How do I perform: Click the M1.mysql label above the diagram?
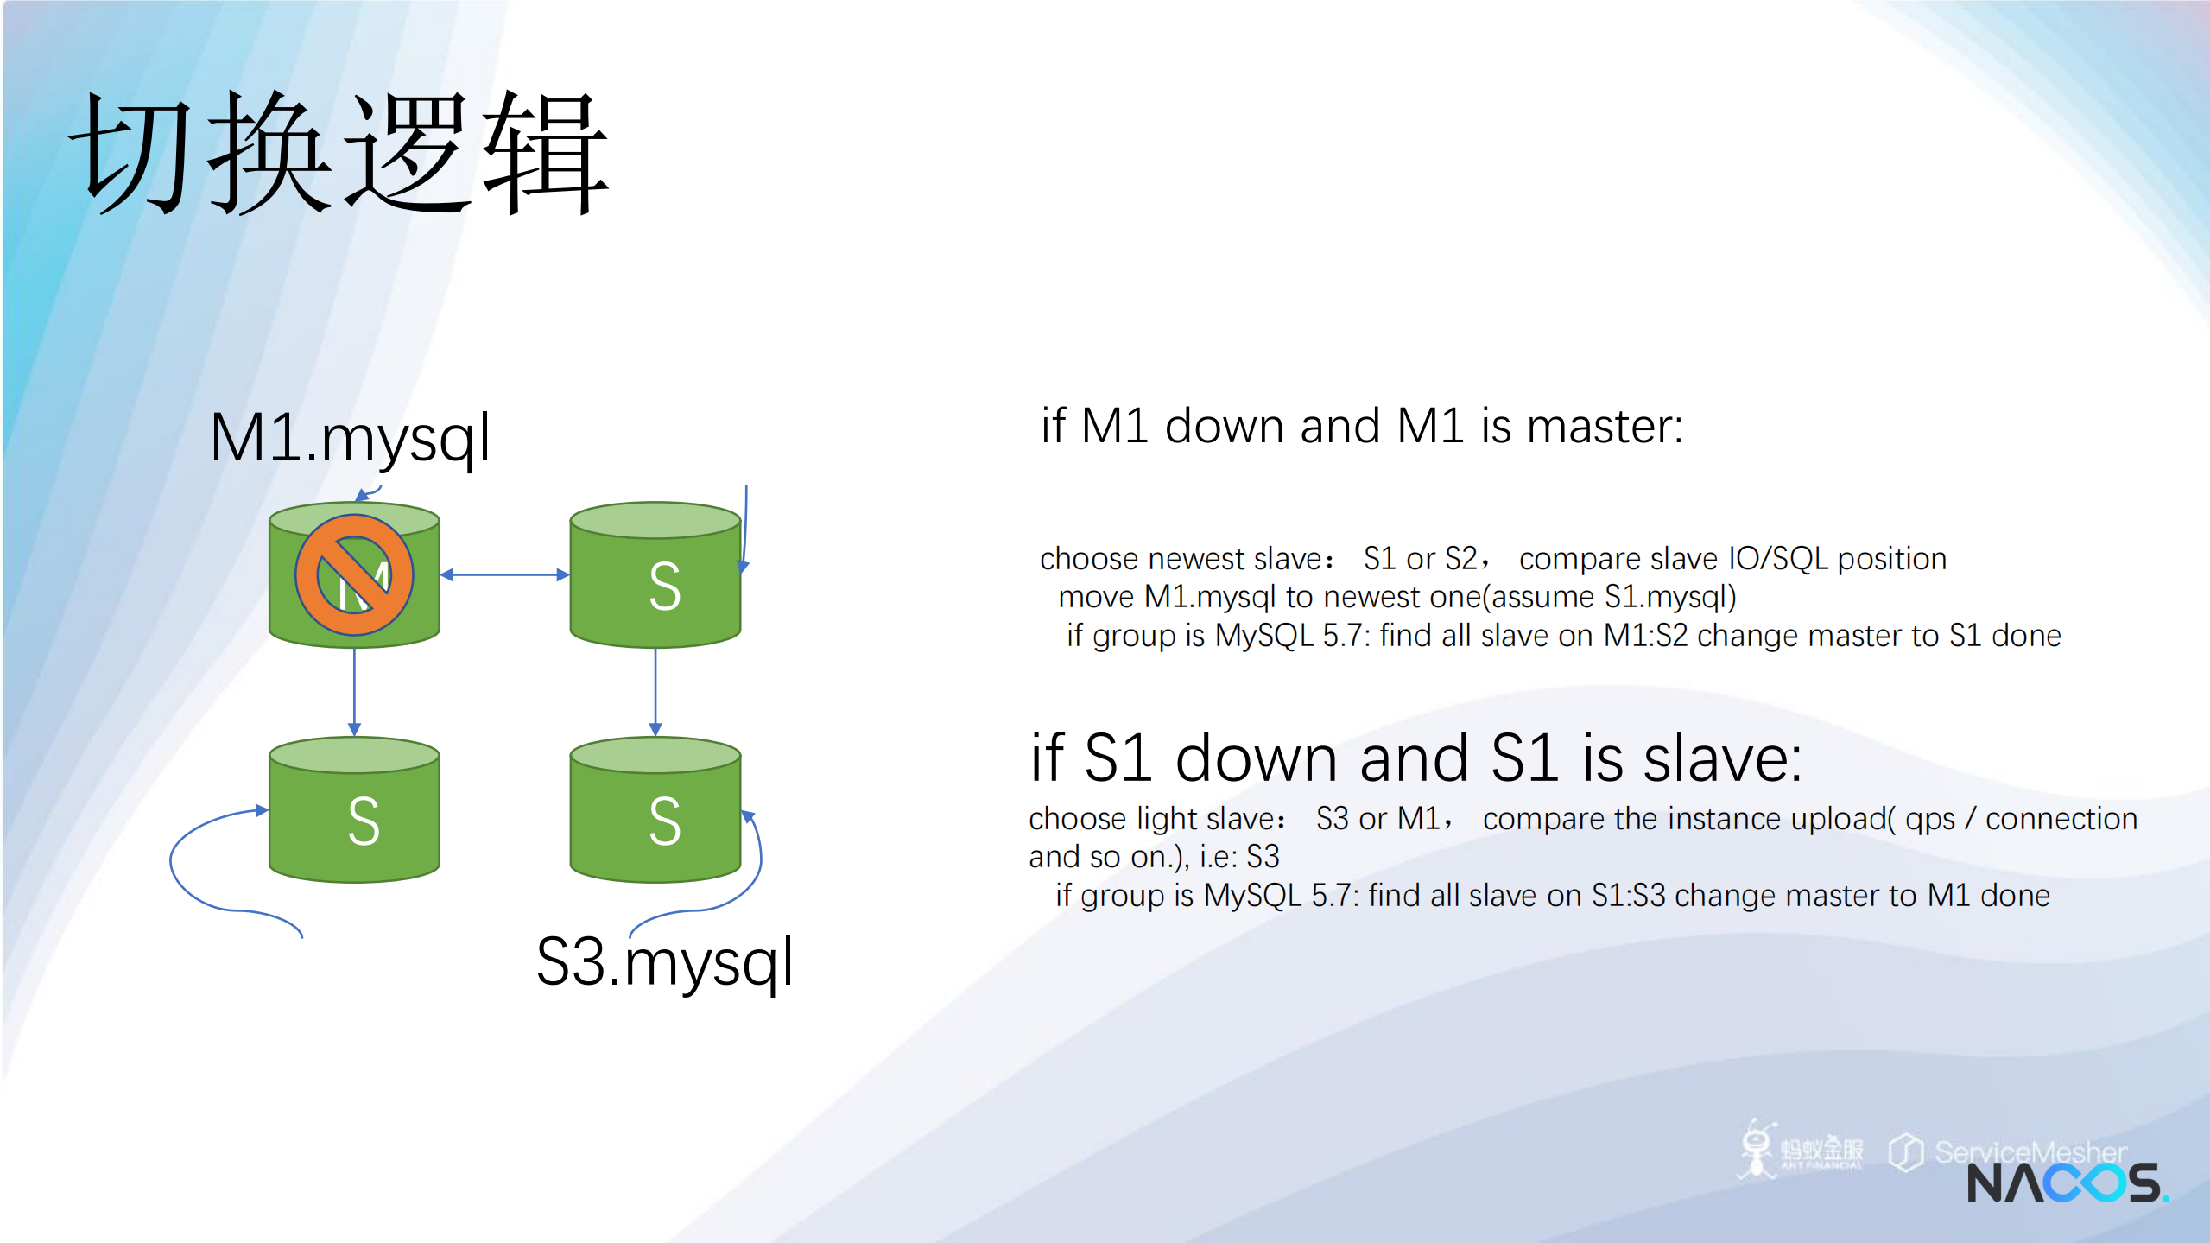tap(350, 438)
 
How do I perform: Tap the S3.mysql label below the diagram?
tap(664, 962)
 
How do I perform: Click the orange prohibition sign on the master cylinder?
tap(354, 575)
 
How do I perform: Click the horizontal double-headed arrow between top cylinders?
tap(504, 574)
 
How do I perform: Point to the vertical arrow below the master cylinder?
tap(354, 691)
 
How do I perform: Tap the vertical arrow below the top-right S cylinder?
tap(655, 691)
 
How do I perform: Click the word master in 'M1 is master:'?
tap(1605, 427)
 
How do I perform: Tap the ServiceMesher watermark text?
tap(2030, 1151)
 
